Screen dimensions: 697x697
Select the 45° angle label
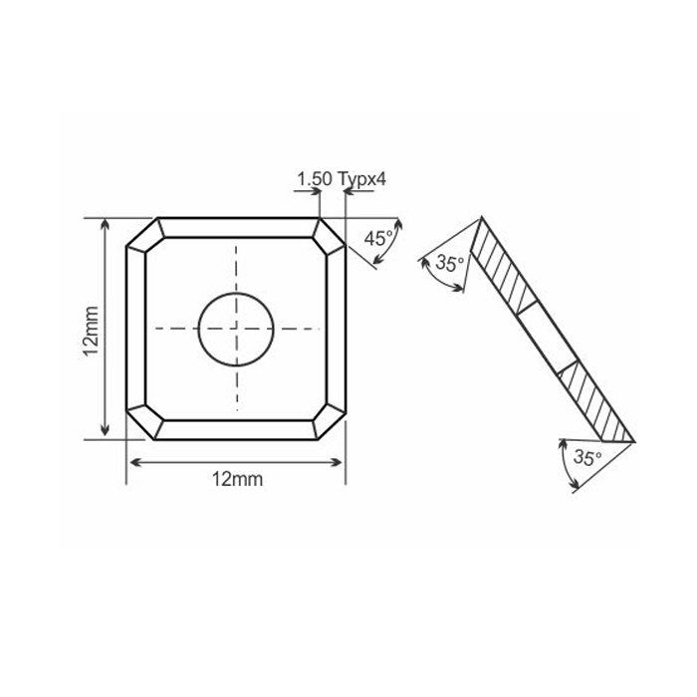click(377, 238)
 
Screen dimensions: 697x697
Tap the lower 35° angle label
click(589, 458)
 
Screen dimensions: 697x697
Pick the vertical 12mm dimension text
click(90, 328)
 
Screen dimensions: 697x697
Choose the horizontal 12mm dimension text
click(237, 479)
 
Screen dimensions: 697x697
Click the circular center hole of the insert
click(237, 329)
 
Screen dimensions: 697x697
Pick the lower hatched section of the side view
click(594, 402)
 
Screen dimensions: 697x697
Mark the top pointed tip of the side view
click(482, 218)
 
